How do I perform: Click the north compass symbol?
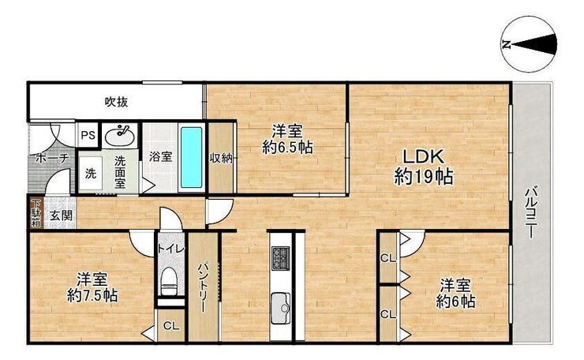(530, 44)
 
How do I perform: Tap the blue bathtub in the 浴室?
(192, 157)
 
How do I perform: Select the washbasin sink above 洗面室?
(119, 136)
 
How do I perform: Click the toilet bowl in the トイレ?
(170, 281)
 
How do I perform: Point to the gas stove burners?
(281, 258)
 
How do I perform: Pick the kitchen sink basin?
(280, 308)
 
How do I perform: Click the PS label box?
(88, 135)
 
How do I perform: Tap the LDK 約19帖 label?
(424, 167)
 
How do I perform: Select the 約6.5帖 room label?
(287, 139)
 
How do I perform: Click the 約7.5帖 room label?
(92, 287)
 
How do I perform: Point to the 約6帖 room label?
(455, 294)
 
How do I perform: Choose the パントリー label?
(203, 287)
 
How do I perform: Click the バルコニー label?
(530, 212)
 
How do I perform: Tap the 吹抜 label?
(116, 102)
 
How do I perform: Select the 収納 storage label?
(221, 158)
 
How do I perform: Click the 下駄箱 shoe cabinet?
(36, 213)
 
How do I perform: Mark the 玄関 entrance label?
(61, 215)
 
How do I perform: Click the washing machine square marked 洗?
(91, 174)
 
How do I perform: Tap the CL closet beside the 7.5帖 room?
(171, 326)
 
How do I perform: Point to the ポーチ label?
(53, 158)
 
